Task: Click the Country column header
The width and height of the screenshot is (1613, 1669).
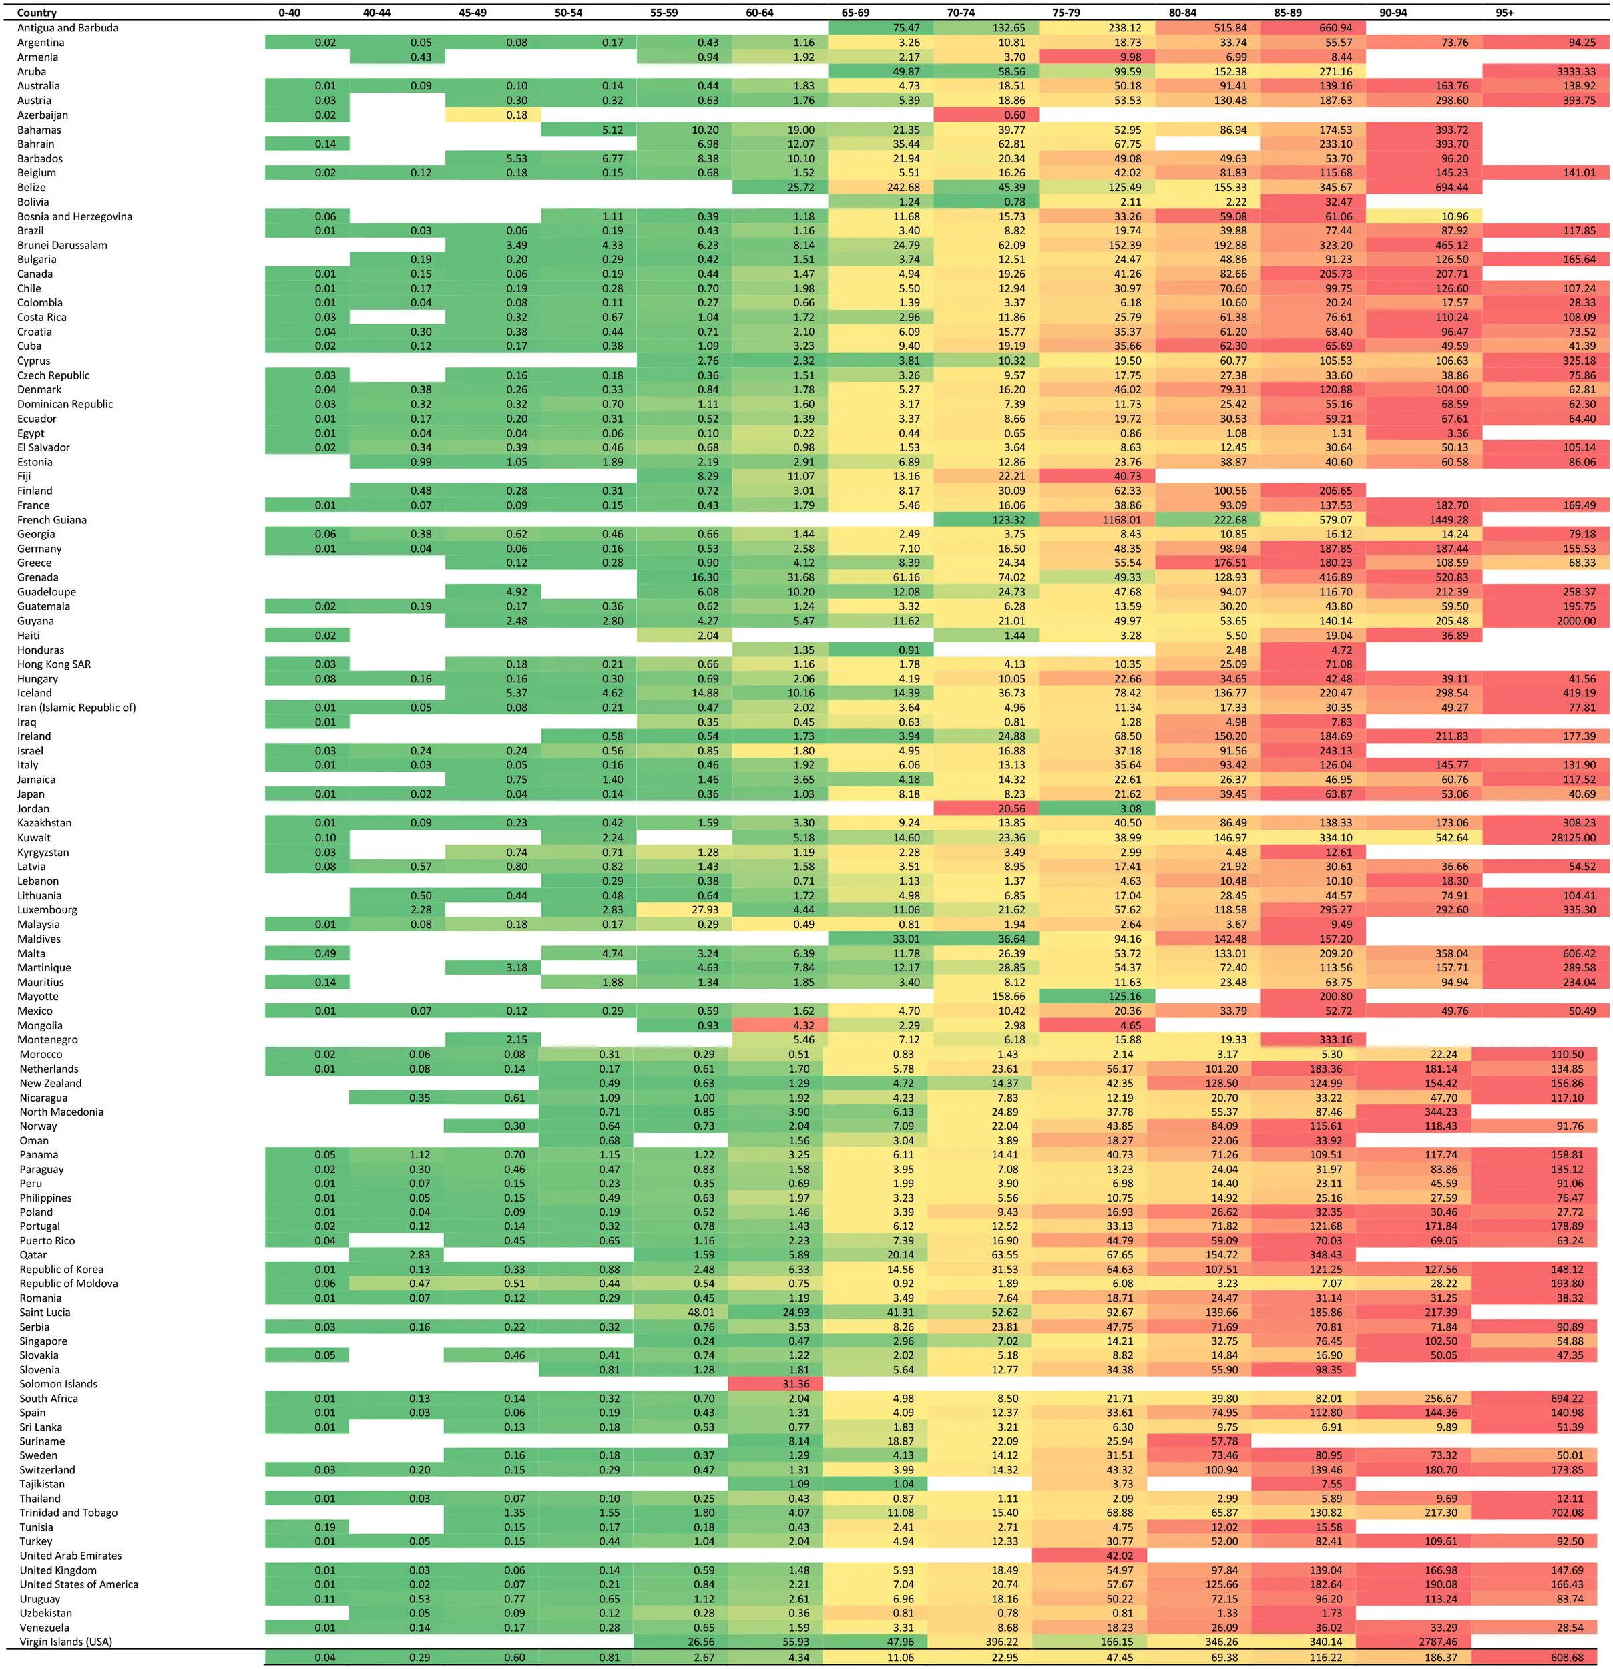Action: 37,13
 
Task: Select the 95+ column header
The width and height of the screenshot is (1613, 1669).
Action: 1505,13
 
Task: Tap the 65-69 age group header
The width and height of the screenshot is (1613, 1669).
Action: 855,13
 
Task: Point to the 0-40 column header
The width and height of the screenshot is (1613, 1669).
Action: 290,13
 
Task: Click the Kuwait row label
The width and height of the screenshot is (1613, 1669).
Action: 34,838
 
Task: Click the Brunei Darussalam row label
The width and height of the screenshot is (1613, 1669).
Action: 62,245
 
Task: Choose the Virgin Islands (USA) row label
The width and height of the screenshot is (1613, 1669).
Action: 65,1642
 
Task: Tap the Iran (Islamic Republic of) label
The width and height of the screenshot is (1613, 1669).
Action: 77,708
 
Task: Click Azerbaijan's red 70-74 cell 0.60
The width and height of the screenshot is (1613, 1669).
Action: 1013,115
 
